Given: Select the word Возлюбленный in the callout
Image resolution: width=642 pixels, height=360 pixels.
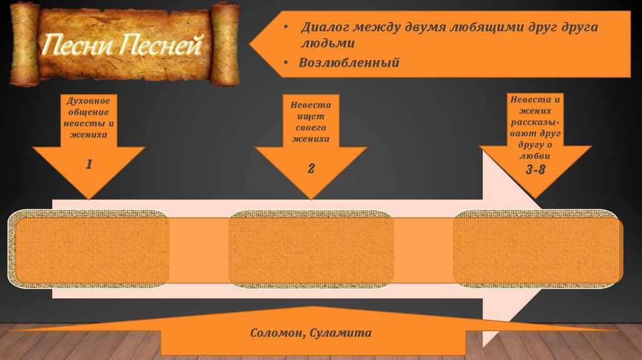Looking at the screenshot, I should (x=349, y=63).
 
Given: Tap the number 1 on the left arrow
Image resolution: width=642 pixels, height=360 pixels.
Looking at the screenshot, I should (x=89, y=165).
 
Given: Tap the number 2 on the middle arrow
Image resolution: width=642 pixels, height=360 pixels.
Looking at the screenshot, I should (x=311, y=168).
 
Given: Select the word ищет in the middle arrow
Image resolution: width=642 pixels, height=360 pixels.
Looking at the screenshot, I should (x=311, y=116).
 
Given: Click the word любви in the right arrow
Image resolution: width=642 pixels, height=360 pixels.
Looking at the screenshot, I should (x=535, y=156).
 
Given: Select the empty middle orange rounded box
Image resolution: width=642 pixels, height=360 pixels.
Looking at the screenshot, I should (x=311, y=249).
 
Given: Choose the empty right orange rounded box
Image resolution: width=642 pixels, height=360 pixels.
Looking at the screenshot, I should (x=536, y=249).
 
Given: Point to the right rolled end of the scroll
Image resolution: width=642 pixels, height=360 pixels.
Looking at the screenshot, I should (x=225, y=44).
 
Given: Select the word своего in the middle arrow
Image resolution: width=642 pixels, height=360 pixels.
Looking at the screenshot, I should (x=311, y=127).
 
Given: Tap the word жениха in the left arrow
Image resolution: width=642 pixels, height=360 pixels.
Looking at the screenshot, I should (x=88, y=134).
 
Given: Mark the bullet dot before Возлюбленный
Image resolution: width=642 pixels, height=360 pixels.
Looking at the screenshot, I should (x=285, y=63).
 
